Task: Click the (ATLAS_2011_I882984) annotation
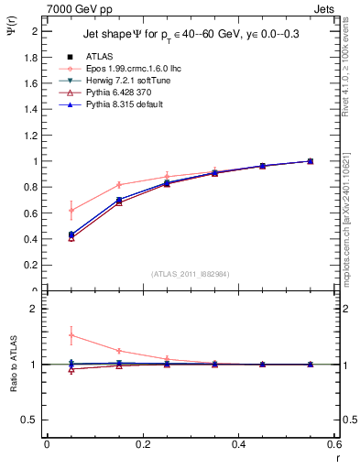[190, 272]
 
